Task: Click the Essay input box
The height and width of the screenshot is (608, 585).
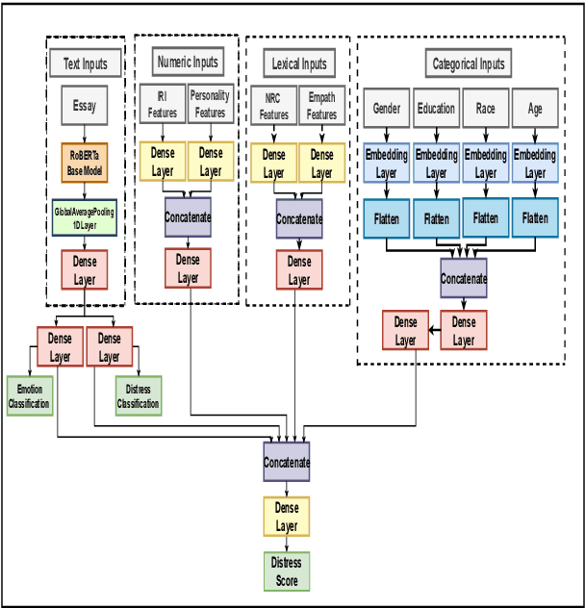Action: pyautogui.click(x=85, y=106)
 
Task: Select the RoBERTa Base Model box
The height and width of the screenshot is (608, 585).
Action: pyautogui.click(x=85, y=164)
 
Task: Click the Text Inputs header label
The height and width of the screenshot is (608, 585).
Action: pyautogui.click(x=86, y=64)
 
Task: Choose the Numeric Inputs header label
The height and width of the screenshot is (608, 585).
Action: pyautogui.click(x=187, y=63)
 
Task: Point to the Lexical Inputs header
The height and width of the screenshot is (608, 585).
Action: pyautogui.click(x=298, y=64)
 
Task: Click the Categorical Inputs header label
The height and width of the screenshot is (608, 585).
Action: pyautogui.click(x=468, y=64)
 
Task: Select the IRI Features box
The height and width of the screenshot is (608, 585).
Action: pyautogui.click(x=163, y=105)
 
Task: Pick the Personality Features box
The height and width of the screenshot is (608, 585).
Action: pyautogui.click(x=210, y=105)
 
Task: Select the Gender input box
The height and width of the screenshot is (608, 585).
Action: pyautogui.click(x=386, y=109)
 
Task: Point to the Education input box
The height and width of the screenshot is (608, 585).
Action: pyautogui.click(x=436, y=109)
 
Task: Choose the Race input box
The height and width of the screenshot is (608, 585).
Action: pyautogui.click(x=485, y=109)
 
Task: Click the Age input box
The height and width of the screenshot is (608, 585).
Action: pyautogui.click(x=535, y=109)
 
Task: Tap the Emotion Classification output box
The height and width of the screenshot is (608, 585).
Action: pyautogui.click(x=29, y=395)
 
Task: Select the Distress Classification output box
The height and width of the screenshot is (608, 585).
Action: pyautogui.click(x=138, y=395)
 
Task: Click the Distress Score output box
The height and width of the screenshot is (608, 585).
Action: pyautogui.click(x=287, y=571)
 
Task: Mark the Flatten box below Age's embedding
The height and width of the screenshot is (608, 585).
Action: pyautogui.click(x=535, y=218)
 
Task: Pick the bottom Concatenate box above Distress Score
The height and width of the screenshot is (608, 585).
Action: pyautogui.click(x=287, y=463)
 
